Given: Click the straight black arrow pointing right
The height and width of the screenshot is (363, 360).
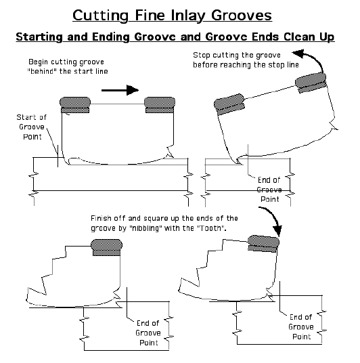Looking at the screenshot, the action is click(120, 90).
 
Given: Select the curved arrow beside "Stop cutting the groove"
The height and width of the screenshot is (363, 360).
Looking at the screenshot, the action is click(310, 60).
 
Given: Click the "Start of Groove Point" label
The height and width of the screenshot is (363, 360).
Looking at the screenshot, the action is click(32, 127).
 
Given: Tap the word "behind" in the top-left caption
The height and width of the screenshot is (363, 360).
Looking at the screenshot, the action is click(42, 71).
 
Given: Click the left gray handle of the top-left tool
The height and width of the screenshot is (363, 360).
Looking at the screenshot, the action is click(75, 105).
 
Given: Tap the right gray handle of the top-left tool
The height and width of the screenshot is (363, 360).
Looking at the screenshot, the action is click(160, 105).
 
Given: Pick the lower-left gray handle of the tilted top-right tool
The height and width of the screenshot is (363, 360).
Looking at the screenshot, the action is click(229, 104).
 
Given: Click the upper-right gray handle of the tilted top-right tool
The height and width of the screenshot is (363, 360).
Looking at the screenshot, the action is click(311, 83).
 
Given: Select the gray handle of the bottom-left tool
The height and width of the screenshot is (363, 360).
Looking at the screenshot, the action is click(107, 247).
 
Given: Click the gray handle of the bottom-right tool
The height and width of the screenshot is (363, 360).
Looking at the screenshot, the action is click(263, 244).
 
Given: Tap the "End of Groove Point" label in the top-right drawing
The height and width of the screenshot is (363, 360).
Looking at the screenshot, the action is click(269, 190).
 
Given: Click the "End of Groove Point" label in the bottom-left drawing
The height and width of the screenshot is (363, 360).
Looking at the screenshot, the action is click(148, 333).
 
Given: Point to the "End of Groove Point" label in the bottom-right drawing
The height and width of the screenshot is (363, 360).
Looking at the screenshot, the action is click(301, 326).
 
